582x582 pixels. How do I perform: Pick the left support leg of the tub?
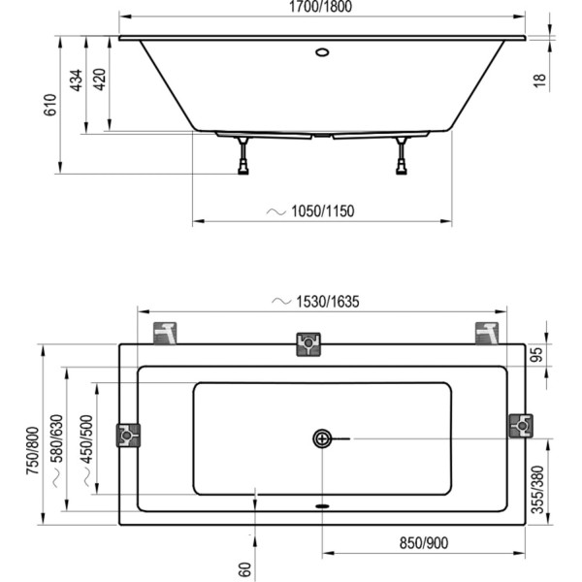point(242,156)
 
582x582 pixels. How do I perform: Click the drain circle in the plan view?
point(322,438)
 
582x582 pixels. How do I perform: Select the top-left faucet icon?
point(167,332)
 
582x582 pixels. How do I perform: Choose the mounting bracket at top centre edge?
point(308,344)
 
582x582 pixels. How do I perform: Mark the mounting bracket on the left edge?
point(128,435)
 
